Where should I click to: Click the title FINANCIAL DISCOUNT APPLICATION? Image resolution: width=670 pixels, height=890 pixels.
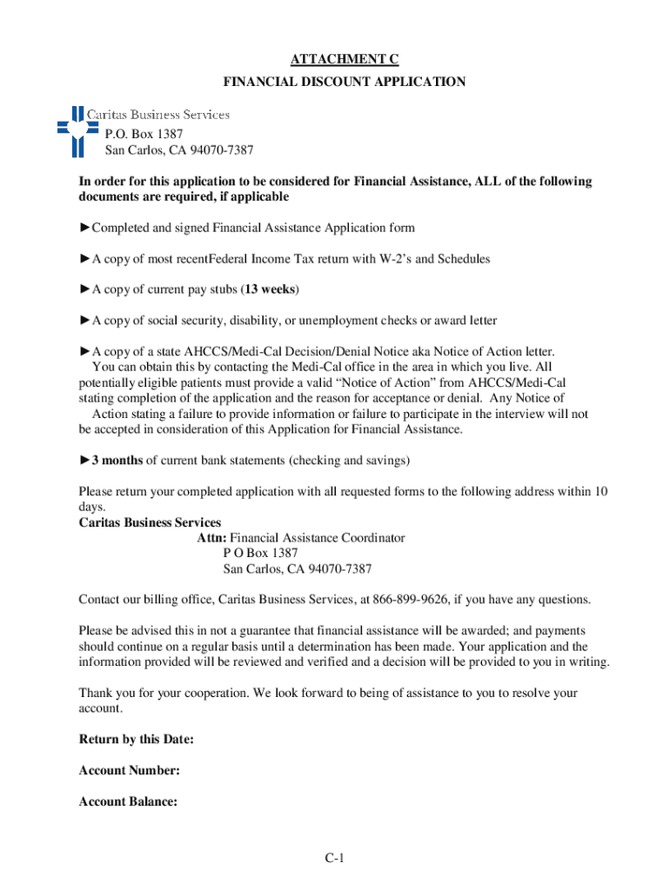click(x=345, y=82)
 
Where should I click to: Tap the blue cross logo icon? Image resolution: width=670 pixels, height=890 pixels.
click(x=76, y=127)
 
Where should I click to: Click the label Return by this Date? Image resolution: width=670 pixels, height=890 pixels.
click(x=136, y=740)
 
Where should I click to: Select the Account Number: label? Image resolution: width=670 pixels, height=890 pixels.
click(x=130, y=771)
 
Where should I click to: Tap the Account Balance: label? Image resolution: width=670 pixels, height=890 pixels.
click(x=129, y=802)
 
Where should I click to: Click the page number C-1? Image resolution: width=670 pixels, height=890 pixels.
click(x=336, y=860)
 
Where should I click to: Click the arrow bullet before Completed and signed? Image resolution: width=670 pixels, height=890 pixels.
click(x=84, y=228)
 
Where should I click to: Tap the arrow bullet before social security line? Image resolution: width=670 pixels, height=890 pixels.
click(x=84, y=321)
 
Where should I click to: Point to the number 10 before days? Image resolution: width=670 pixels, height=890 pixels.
click(x=600, y=492)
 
